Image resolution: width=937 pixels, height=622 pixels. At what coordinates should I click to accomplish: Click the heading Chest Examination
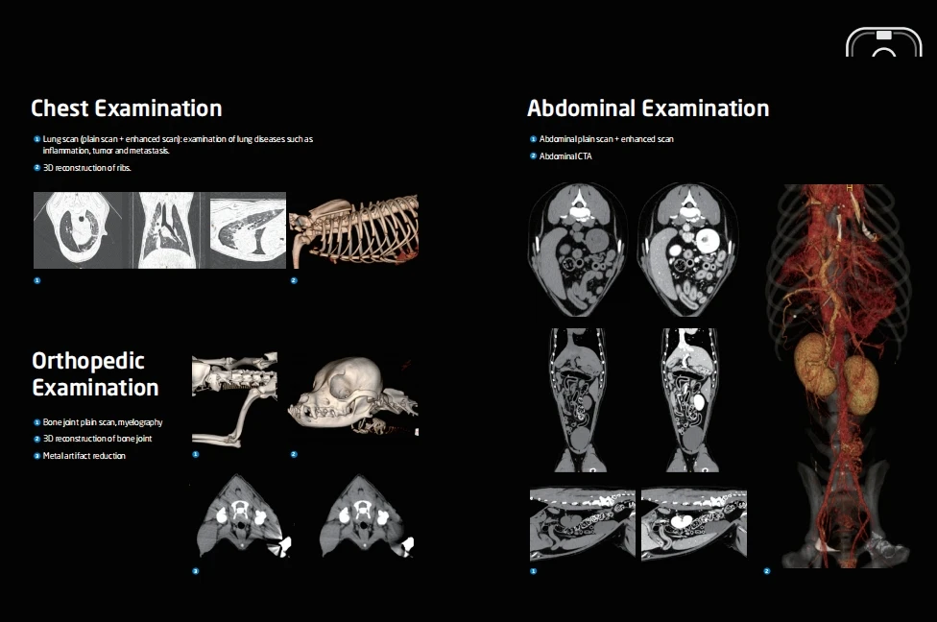point(126,108)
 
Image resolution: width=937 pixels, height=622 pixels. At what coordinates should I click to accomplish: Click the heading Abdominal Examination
point(648,108)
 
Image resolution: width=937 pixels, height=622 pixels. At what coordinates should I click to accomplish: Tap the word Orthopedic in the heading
point(88,361)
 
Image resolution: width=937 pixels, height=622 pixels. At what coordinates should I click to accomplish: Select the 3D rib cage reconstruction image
point(354,230)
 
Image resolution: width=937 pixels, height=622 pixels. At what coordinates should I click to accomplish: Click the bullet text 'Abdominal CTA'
point(565,155)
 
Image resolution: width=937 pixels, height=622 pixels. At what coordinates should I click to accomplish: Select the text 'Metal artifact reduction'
point(84,456)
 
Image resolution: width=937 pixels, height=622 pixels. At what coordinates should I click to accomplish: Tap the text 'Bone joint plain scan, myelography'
point(103,422)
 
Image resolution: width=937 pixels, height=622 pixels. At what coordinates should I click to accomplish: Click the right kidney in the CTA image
point(861,385)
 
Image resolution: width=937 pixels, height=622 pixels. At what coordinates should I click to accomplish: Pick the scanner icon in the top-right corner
point(883,43)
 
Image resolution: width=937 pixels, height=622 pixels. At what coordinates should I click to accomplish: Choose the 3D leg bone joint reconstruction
point(234,398)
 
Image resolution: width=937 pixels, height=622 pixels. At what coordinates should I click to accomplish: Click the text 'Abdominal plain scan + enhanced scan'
point(606,139)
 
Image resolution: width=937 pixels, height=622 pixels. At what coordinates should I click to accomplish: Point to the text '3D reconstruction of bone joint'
point(97,439)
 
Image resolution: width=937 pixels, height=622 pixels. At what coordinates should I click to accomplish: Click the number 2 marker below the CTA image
point(767,571)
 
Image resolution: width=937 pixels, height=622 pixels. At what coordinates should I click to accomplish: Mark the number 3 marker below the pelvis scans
point(196,571)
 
